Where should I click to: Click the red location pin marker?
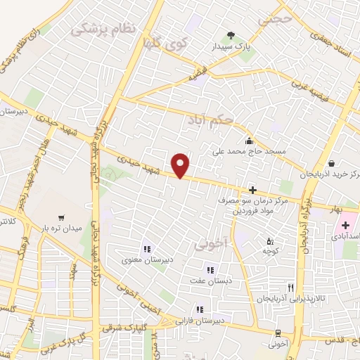point(181,165)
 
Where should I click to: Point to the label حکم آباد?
point(210,120)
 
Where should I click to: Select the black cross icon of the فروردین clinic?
point(252,191)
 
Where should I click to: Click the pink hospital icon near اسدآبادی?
point(345,226)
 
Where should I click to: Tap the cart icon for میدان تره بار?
point(61,217)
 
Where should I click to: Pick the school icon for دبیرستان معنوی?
point(146,248)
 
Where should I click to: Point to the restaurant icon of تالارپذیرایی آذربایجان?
point(290,288)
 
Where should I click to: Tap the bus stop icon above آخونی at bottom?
point(279,333)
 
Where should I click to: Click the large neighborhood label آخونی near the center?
point(209,245)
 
